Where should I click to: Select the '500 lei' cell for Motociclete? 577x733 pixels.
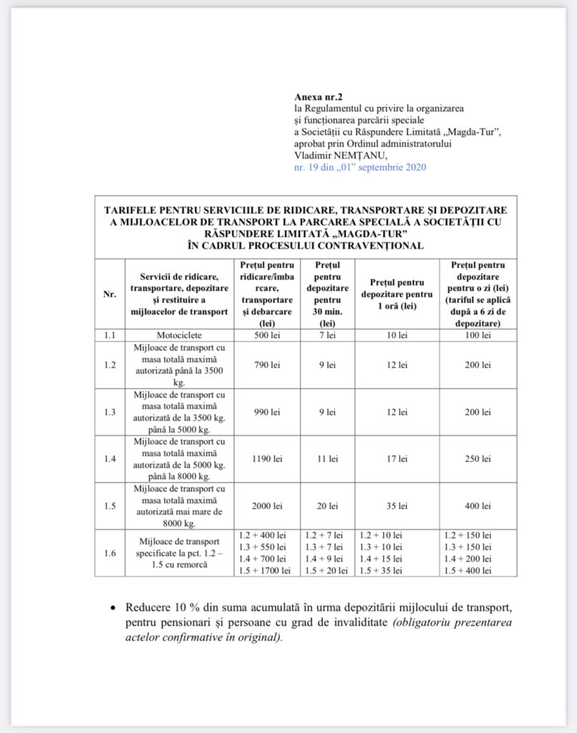point(266,334)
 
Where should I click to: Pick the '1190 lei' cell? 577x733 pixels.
point(266,458)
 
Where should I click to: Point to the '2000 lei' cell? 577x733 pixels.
point(266,505)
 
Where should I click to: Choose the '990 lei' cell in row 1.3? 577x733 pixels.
point(266,412)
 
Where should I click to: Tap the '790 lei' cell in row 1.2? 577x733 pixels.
point(266,365)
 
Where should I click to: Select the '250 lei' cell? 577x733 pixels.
point(476,458)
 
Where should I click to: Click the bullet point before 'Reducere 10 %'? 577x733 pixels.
point(113,607)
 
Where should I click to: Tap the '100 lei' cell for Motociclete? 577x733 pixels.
point(476,334)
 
